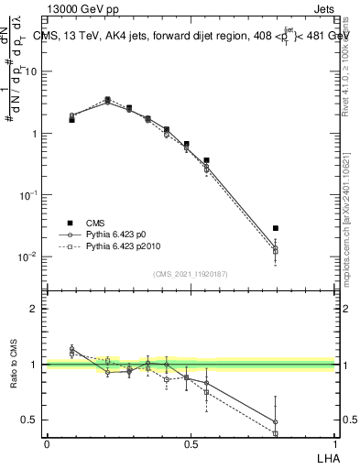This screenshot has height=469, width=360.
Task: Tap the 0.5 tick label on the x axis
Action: pos(191,443)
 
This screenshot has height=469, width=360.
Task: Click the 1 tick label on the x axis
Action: pos(334,443)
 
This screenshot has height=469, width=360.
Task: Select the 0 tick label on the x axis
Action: pos(47,443)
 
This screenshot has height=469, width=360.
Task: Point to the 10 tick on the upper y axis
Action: pos(32,71)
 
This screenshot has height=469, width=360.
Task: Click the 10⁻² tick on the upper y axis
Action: pos(30,256)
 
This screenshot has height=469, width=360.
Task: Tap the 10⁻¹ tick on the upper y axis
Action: pos(30,194)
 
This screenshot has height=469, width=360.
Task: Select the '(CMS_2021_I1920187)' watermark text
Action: pos(190,274)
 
